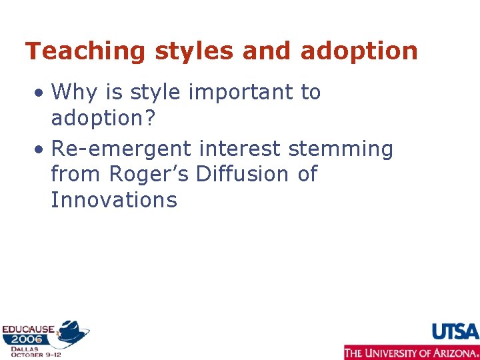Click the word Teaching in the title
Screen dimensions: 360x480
pyautogui.click(x=75, y=51)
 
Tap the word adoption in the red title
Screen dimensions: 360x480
pyautogui.click(x=359, y=51)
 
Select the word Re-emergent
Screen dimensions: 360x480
pyautogui.click(x=121, y=148)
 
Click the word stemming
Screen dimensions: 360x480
pyautogui.click(x=341, y=148)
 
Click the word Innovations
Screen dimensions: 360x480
pyautogui.click(x=114, y=200)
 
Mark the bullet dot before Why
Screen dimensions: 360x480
pyautogui.click(x=41, y=93)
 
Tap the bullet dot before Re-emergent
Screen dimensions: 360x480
pyautogui.click(x=41, y=149)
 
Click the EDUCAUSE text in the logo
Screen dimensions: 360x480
pyautogui.click(x=28, y=329)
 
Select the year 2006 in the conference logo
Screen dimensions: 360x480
pyautogui.click(x=25, y=339)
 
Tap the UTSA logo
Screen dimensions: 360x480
pyautogui.click(x=455, y=332)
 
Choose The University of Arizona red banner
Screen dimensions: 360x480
pyautogui.click(x=411, y=353)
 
